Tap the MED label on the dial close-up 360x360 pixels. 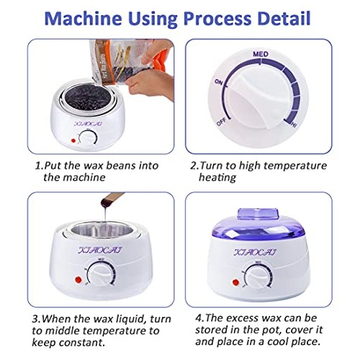tap(261, 54)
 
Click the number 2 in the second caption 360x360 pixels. tap(192, 166)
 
